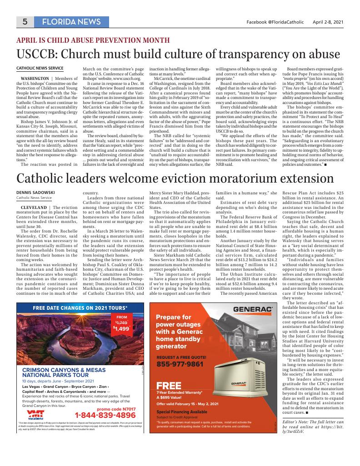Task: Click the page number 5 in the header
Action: [25, 22]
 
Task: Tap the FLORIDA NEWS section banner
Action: [71, 22]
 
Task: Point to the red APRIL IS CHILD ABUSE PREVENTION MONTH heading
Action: [93, 40]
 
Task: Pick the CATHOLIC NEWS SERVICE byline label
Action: [40, 68]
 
